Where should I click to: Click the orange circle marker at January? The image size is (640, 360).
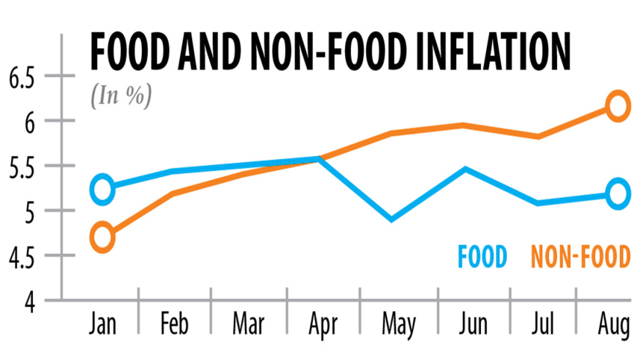(x=102, y=239)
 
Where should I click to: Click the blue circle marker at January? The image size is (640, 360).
(x=102, y=189)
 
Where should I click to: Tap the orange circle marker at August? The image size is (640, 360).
(x=618, y=105)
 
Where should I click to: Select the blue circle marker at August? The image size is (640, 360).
(x=618, y=193)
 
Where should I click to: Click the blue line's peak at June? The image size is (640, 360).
(x=465, y=169)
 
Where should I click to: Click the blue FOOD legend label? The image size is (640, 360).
(x=482, y=256)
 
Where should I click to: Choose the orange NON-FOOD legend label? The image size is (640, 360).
(x=580, y=256)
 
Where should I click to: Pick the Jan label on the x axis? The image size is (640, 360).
(x=102, y=326)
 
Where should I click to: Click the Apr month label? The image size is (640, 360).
(x=323, y=326)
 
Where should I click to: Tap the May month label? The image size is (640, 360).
(x=398, y=326)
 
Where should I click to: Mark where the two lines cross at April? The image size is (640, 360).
(x=319, y=158)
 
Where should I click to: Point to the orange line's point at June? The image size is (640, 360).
(x=465, y=125)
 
